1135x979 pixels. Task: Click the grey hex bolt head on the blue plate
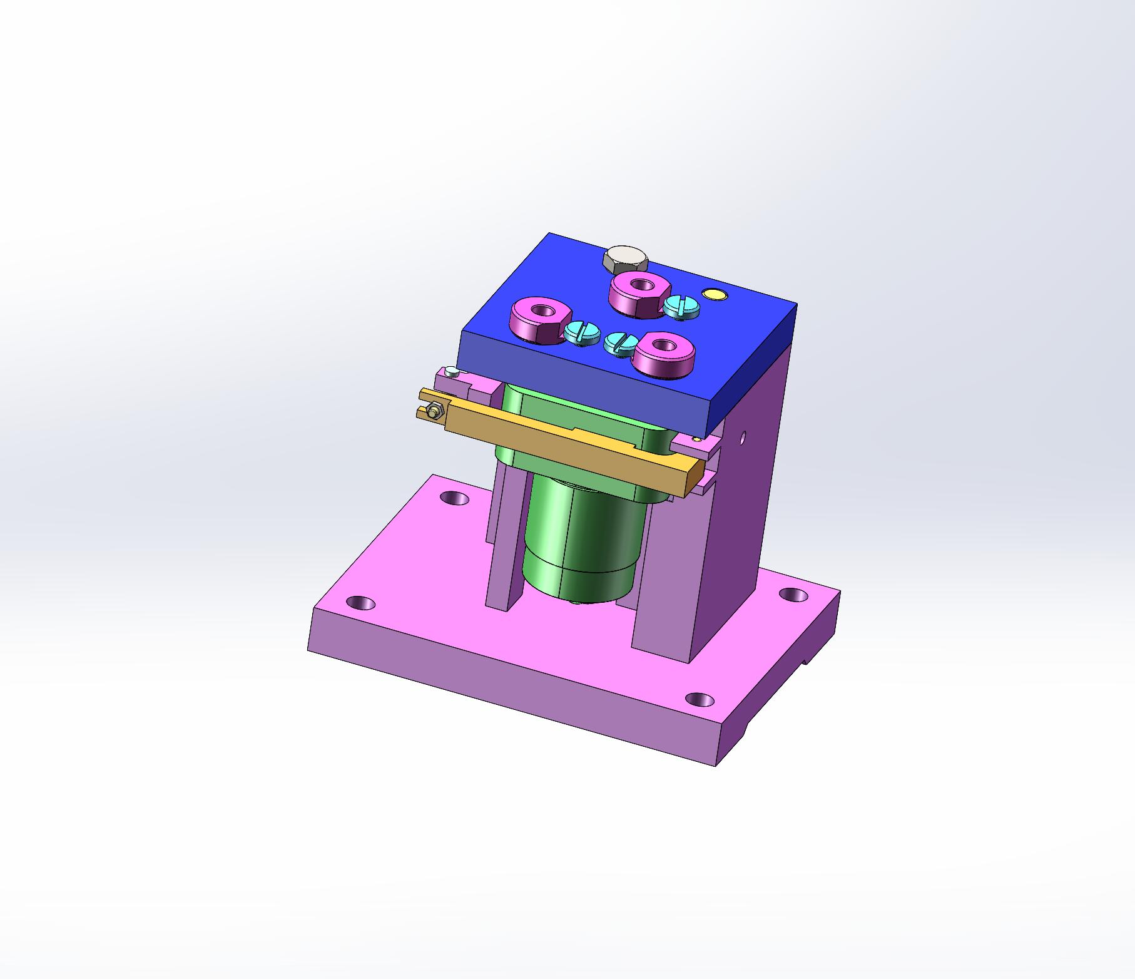click(x=626, y=257)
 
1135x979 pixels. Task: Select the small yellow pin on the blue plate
click(x=713, y=294)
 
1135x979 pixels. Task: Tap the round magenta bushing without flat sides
click(x=664, y=354)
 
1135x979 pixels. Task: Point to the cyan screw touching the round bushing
click(x=621, y=343)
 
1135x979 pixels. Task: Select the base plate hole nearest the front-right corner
click(x=700, y=699)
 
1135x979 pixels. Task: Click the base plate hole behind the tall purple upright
click(x=792, y=594)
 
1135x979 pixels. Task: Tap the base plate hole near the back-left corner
click(x=454, y=498)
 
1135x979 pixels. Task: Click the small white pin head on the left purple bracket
click(x=452, y=374)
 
